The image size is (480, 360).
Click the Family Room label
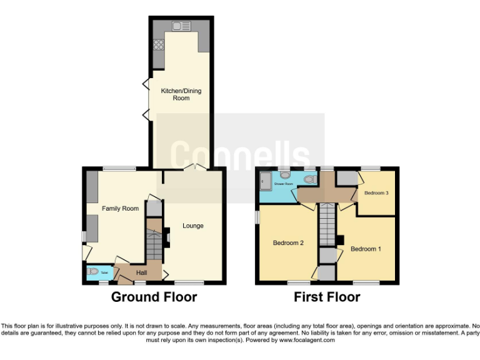click(121, 208)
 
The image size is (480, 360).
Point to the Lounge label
click(192, 226)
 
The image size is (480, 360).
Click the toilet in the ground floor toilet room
click(94, 272)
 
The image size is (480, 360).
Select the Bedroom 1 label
click(366, 249)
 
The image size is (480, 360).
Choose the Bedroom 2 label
click(288, 242)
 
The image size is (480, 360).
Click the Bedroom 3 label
click(377, 192)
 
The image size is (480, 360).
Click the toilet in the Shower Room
click(308, 180)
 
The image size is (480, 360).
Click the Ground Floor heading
click(154, 296)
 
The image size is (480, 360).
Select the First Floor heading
click(327, 296)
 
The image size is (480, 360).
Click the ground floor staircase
click(153, 243)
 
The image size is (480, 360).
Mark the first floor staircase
click(327, 226)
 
